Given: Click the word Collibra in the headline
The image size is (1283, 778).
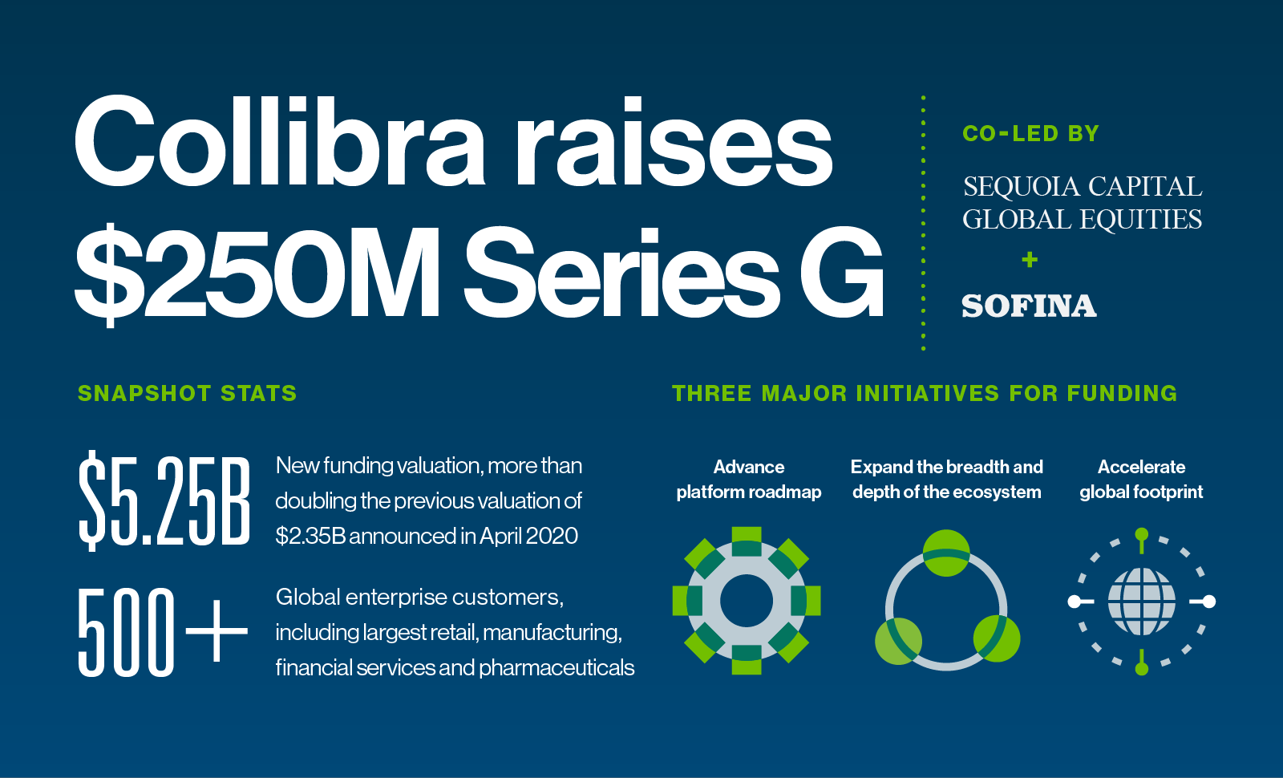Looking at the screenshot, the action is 280,141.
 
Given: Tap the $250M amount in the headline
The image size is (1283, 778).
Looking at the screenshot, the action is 257,273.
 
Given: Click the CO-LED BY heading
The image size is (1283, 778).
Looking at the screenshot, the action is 1031,133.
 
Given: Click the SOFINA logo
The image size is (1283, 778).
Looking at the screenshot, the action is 1030,306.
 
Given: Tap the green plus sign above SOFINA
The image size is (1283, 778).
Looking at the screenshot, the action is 1030,260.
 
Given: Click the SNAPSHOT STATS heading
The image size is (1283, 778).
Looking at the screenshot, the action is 188,393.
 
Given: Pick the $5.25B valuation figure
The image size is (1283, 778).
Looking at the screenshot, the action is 164,500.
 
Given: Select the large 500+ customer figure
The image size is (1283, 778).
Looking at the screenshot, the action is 163,633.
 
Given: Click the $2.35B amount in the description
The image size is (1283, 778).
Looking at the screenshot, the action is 310,537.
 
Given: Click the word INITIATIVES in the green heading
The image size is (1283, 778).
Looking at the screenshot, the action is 928,393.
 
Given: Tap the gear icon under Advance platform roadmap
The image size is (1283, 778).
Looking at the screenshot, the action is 747,601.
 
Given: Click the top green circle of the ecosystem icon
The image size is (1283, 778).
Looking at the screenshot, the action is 946,553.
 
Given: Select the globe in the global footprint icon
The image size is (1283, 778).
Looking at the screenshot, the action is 1142,602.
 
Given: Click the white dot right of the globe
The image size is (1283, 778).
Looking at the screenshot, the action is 1209,602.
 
